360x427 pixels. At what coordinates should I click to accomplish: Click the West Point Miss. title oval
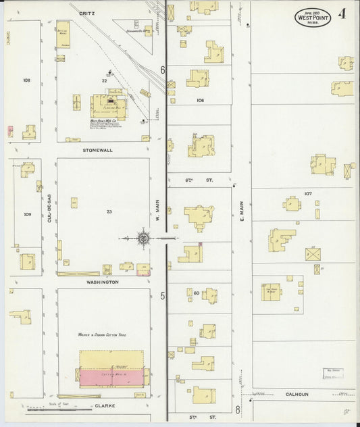pos(313,17)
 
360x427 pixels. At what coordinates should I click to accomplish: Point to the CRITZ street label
pos(86,13)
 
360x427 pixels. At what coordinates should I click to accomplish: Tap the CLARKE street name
pos(104,406)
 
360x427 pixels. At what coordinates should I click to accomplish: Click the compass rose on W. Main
pos(143,237)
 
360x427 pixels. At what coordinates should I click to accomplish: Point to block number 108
pos(26,80)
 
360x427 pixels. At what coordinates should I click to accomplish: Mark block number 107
pos(308,193)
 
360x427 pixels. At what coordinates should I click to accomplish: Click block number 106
pos(200,100)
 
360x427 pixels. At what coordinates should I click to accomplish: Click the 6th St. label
pos(190,180)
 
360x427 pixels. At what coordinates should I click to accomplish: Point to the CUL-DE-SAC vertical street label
pos(49,207)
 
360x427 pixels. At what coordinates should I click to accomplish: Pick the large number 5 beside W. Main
pos(162,295)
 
